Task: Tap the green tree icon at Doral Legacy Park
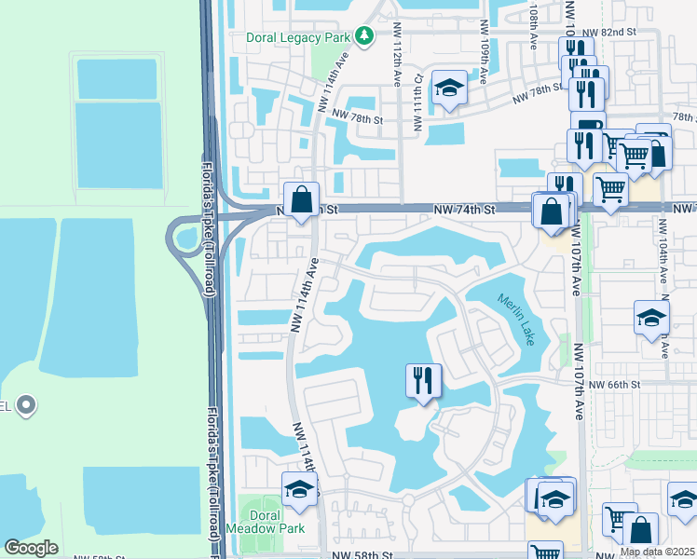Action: click(x=363, y=37)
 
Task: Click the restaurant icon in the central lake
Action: click(x=423, y=380)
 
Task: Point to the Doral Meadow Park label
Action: click(x=278, y=522)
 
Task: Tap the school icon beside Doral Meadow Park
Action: click(x=298, y=489)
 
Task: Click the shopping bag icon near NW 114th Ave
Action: click(x=302, y=199)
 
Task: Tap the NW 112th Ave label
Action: click(x=397, y=67)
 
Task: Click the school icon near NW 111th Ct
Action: click(x=449, y=89)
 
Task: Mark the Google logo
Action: click(x=31, y=548)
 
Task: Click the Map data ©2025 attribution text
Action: click(x=657, y=552)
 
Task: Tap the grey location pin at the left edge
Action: click(x=26, y=405)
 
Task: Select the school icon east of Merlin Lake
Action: click(x=650, y=318)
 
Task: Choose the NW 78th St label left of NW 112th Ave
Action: click(x=359, y=119)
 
